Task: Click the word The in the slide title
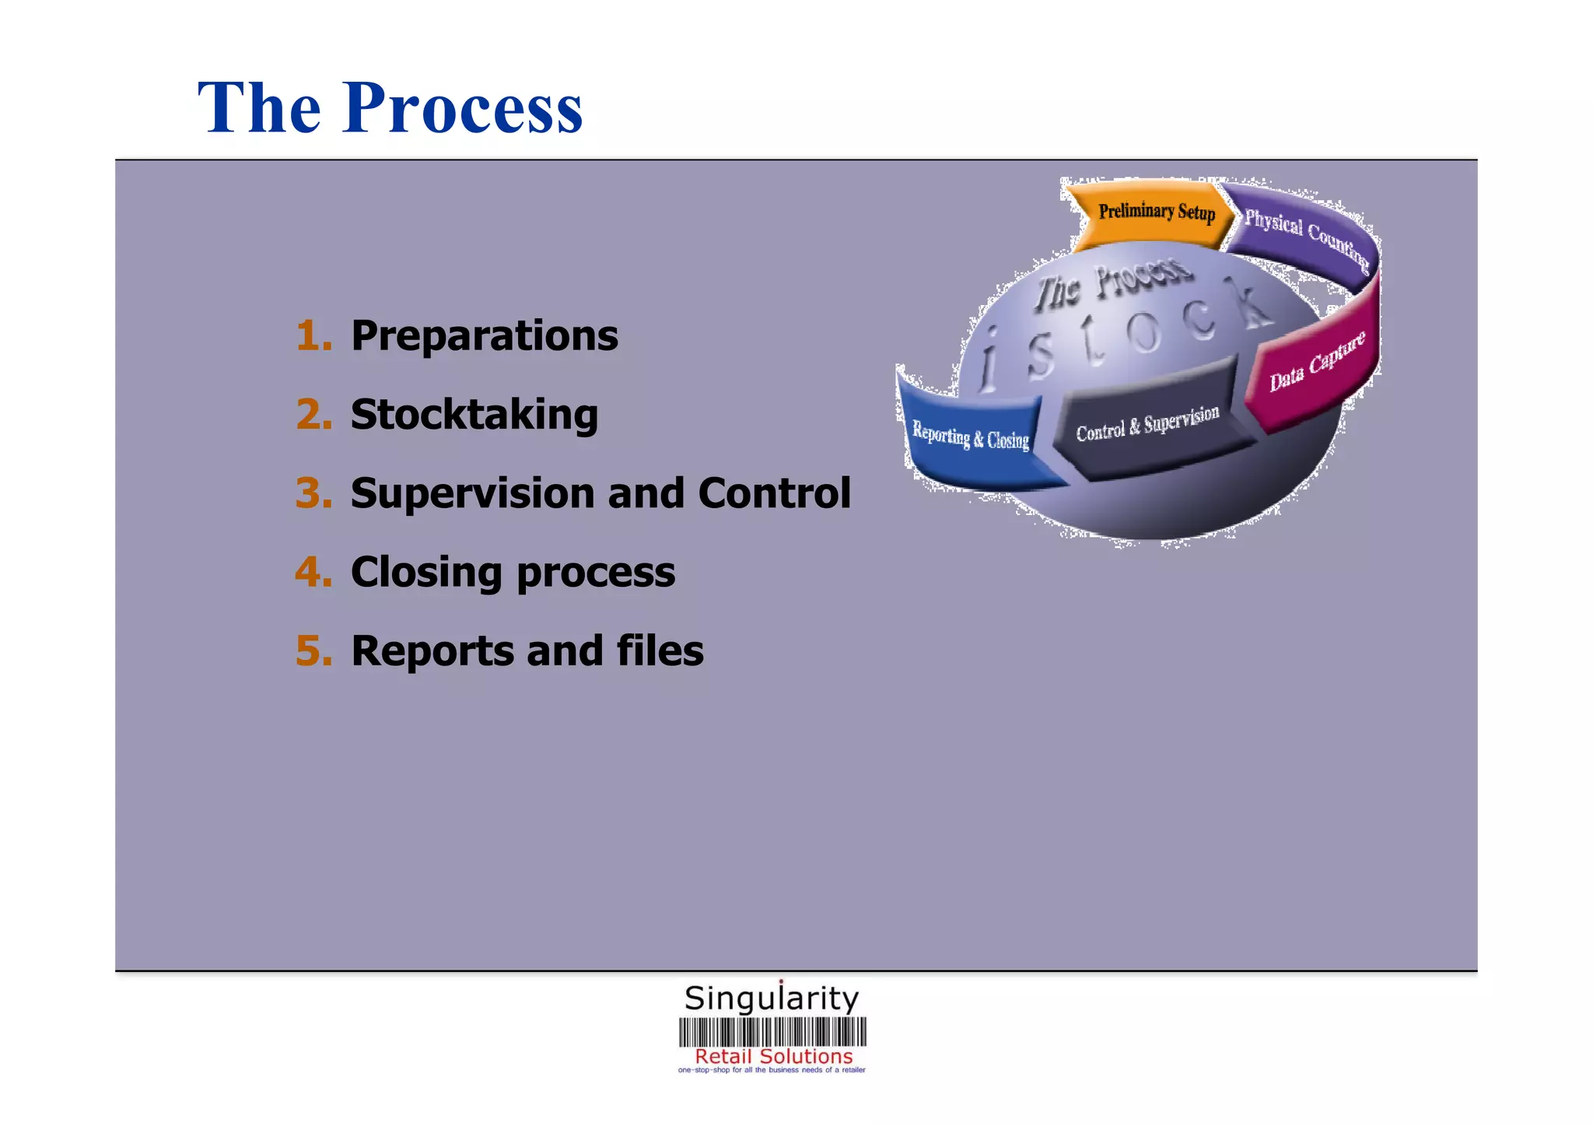click(259, 109)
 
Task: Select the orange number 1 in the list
click(313, 336)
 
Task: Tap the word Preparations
click(484, 336)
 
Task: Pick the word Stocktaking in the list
click(474, 415)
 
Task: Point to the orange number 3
click(313, 493)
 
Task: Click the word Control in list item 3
click(774, 493)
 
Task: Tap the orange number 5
click(313, 651)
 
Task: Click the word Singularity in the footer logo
click(772, 998)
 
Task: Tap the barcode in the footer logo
click(772, 1032)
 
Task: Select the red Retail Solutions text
click(773, 1056)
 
